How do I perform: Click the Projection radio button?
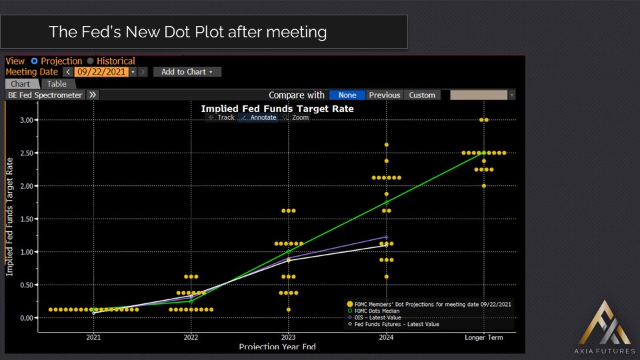point(35,61)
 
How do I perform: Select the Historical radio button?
point(91,61)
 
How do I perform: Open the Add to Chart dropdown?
point(187,72)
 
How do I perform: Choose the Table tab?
point(57,84)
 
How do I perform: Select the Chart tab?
point(20,84)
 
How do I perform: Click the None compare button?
point(347,95)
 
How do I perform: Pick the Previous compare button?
point(385,95)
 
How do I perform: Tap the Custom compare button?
point(422,95)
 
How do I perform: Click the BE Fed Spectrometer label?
point(45,95)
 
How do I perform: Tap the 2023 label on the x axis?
point(288,338)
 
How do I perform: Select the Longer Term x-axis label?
point(484,338)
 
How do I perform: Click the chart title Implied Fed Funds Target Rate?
point(277,109)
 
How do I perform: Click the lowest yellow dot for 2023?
point(289,309)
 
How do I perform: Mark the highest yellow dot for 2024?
point(387,145)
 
